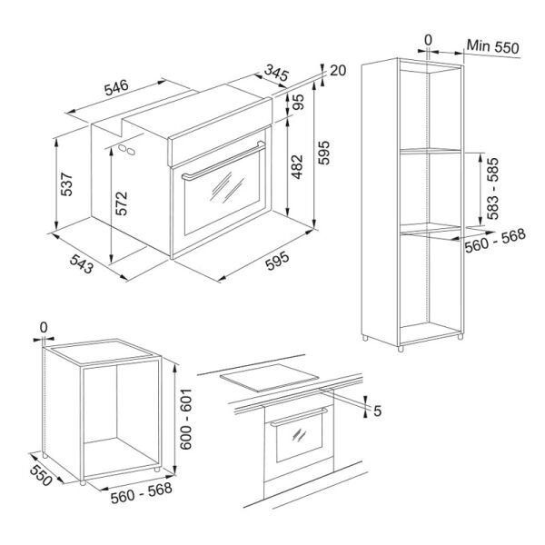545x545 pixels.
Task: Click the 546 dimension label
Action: pyautogui.click(x=116, y=87)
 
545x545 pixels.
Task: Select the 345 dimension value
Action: pyautogui.click(x=276, y=73)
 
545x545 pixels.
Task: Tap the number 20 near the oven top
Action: pyautogui.click(x=338, y=71)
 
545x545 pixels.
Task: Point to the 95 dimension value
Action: pyautogui.click(x=298, y=102)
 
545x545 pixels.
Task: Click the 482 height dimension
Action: pyautogui.click(x=297, y=167)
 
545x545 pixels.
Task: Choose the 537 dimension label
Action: pyautogui.click(x=66, y=184)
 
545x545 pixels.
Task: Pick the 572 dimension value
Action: pyautogui.click(x=122, y=203)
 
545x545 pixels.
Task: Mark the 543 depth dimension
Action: pyautogui.click(x=82, y=263)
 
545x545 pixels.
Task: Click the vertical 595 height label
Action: pyautogui.click(x=323, y=153)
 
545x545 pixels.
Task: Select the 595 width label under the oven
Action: pyautogui.click(x=277, y=261)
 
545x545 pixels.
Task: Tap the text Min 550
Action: pyautogui.click(x=492, y=46)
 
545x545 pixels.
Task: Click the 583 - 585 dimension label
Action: pyautogui.click(x=492, y=188)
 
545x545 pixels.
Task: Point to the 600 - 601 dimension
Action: pyautogui.click(x=186, y=419)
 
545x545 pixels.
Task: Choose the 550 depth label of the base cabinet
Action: pyautogui.click(x=41, y=475)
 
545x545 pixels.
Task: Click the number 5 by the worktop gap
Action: pyautogui.click(x=378, y=411)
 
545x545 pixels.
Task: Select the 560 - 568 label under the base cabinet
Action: pyautogui.click(x=142, y=493)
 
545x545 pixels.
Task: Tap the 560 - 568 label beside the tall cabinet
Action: pyautogui.click(x=495, y=241)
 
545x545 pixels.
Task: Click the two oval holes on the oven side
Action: pyautogui.click(x=126, y=150)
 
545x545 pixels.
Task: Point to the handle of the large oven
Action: pyautogui.click(x=223, y=162)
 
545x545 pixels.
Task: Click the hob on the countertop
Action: pyautogui.click(x=270, y=378)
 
